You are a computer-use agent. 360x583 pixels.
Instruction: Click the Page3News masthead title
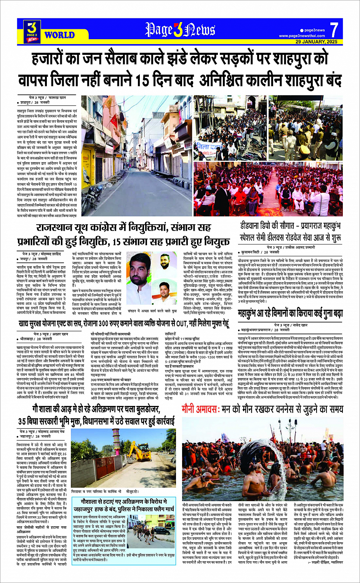pos(180,30)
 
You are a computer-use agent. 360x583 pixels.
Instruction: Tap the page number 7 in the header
pos(334,30)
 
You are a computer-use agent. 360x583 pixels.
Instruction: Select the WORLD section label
pos(59,35)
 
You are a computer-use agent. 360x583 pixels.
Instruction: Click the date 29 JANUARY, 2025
pos(316,42)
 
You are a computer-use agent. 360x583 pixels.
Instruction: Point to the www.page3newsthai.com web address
pos(302,36)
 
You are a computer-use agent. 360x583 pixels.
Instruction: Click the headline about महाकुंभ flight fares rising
pos(290,314)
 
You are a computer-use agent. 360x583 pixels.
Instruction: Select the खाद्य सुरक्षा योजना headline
pos(124,324)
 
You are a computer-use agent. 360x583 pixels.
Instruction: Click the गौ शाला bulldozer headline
pos(96,415)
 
